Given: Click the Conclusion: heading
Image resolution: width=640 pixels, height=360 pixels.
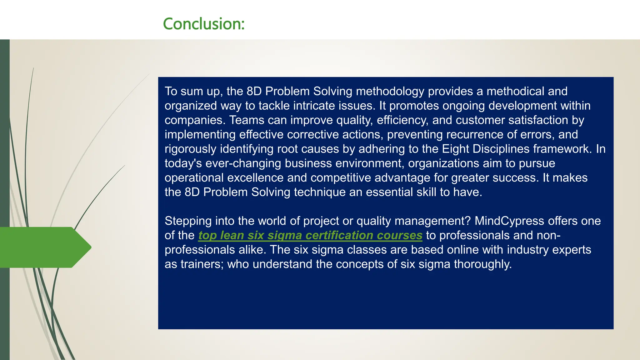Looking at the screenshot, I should (x=203, y=24).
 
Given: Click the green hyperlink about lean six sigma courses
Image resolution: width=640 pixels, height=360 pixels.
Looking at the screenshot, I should (x=310, y=235).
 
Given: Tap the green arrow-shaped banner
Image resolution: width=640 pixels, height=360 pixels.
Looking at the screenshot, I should (x=44, y=247).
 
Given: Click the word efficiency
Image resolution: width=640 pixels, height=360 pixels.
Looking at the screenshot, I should (x=398, y=120).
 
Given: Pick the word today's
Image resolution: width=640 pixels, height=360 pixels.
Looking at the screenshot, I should (x=183, y=163).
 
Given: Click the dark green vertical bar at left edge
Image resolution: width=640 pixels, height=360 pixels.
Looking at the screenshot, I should (x=5, y=156).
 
